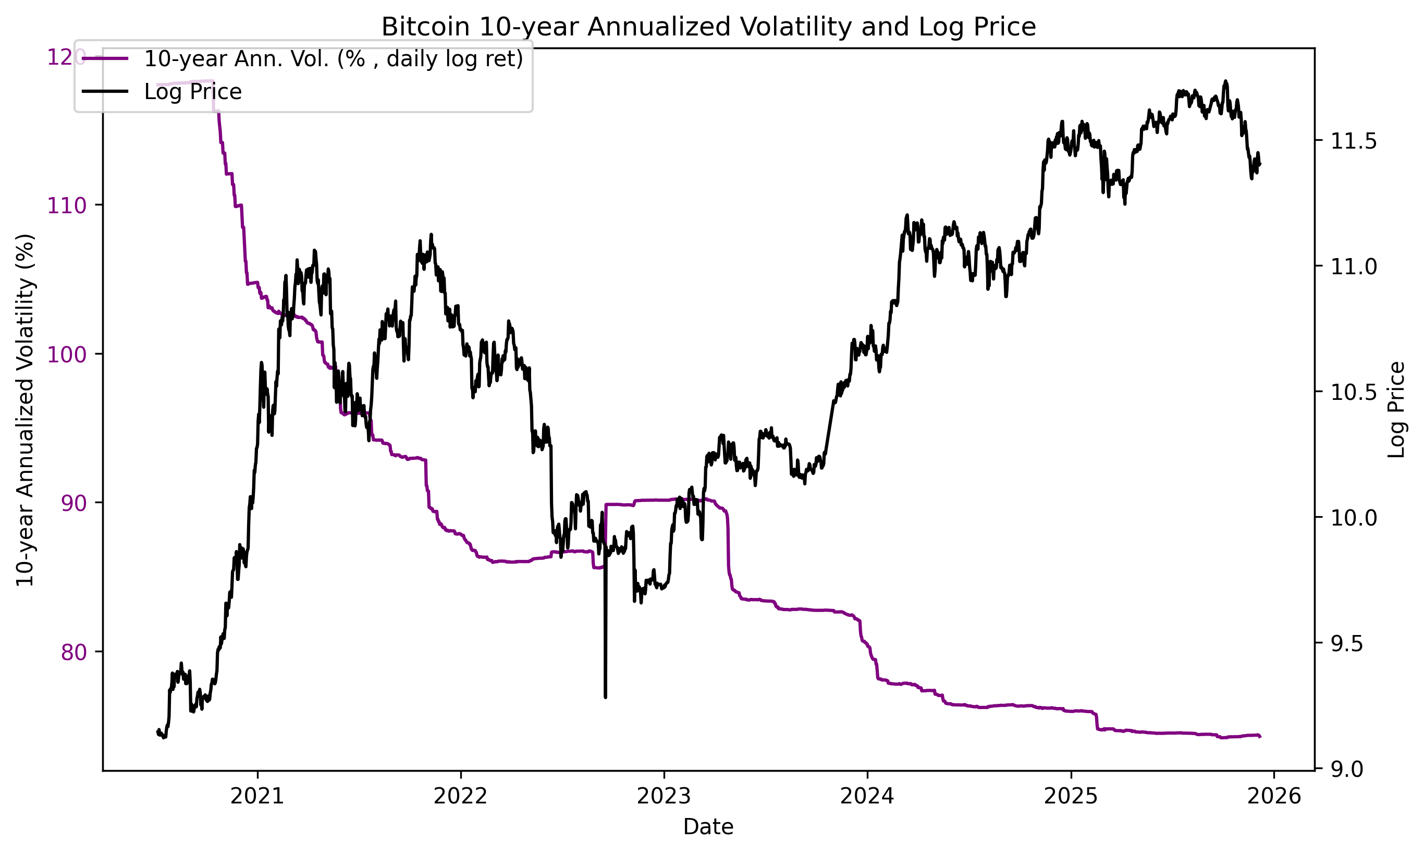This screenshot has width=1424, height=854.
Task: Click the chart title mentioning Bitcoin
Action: click(708, 27)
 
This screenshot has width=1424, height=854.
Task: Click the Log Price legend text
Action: click(193, 92)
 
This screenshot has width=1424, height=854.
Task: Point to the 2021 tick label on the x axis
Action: click(257, 796)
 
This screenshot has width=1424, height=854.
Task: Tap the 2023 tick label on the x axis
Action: click(664, 796)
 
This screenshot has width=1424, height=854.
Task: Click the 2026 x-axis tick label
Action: click(1274, 796)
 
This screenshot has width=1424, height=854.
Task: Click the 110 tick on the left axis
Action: click(66, 205)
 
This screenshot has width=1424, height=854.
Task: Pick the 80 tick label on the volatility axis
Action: click(73, 652)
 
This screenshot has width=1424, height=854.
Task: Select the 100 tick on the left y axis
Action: click(66, 355)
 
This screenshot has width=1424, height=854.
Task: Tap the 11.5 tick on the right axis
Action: click(1353, 142)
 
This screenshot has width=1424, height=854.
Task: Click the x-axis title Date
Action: click(708, 827)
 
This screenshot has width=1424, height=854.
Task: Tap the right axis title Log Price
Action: click(1396, 410)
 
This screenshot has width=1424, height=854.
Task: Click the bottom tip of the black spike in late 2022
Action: click(605, 698)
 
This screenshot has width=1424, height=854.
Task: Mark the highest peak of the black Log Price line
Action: click(1225, 81)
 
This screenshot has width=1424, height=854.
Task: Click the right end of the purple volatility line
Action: click(1260, 737)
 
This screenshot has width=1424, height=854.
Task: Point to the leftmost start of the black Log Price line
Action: click(157, 731)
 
